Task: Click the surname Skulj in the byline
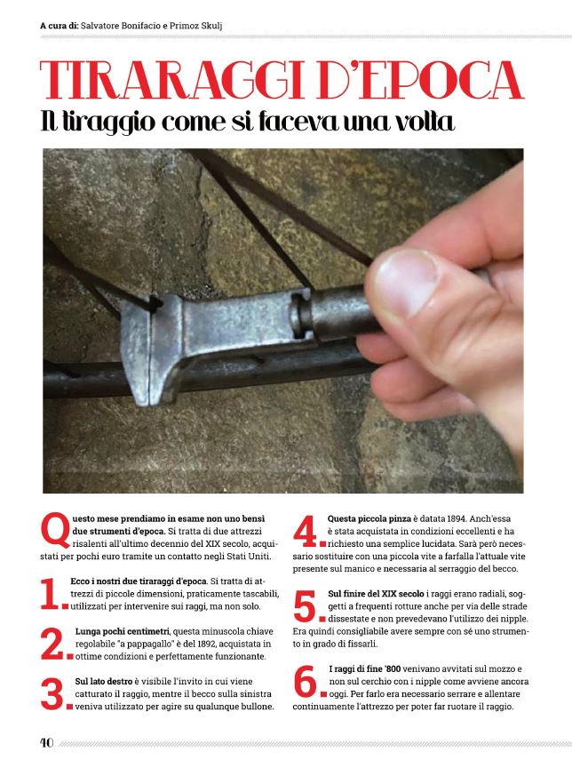(212, 26)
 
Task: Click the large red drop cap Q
(55, 530)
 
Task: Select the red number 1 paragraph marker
(51, 593)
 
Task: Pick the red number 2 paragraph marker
(52, 643)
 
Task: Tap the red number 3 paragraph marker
(52, 693)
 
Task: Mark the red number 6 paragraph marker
(306, 681)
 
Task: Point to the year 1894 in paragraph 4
(456, 519)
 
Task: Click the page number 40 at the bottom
(46, 742)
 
